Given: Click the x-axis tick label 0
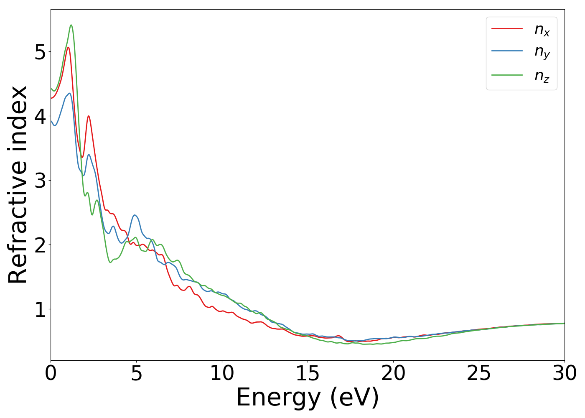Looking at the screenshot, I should [51, 373].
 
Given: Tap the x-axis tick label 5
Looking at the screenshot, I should [136, 373].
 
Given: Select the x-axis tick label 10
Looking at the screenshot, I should [222, 373].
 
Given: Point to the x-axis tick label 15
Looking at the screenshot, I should [308, 373].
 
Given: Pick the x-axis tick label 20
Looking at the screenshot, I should [393, 373].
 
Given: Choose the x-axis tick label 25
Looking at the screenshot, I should [479, 373].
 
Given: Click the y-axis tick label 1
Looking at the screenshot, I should [40, 309].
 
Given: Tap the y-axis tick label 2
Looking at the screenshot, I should [40, 245].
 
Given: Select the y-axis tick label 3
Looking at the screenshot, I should [40, 181].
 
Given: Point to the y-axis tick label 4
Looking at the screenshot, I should [40, 116].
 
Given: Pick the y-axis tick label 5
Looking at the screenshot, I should [40, 52].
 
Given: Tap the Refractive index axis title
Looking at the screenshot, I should [18, 185].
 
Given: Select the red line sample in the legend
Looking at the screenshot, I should [507, 28].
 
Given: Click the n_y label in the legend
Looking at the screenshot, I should [542, 52].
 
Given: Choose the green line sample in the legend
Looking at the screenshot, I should [507, 75].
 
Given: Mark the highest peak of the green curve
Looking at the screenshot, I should [71, 25].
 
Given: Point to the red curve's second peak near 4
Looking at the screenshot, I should [89, 116].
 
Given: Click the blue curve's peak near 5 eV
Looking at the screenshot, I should [135, 215].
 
